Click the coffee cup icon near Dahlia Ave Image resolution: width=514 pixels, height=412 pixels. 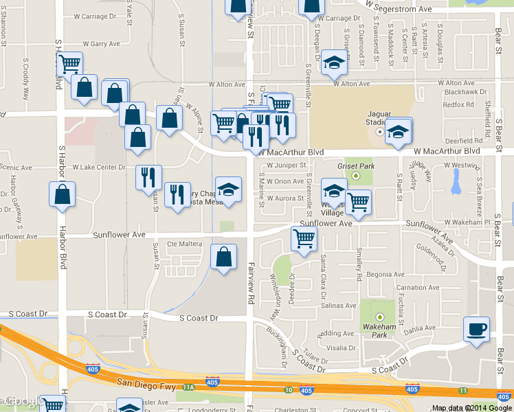point(476,328)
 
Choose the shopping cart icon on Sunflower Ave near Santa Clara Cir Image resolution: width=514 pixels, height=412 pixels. point(304,239)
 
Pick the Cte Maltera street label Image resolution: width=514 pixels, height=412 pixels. point(182,244)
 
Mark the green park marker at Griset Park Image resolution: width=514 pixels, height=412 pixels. point(356,176)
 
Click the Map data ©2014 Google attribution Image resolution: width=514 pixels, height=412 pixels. point(472,407)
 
